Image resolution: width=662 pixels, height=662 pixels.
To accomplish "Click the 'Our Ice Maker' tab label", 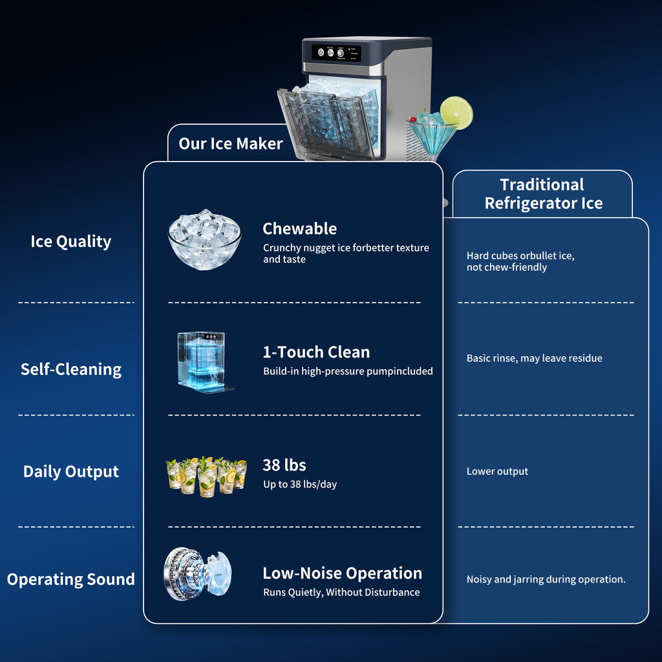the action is point(231,144).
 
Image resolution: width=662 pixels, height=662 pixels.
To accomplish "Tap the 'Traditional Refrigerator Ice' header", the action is point(543,194).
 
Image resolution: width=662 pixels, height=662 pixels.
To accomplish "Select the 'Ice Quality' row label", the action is point(71,242).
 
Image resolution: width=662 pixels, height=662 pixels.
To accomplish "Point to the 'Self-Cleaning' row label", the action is point(71,369).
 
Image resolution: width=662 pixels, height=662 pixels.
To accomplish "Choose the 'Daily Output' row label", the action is point(71,471).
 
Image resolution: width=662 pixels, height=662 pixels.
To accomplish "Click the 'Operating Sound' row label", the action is point(71,579).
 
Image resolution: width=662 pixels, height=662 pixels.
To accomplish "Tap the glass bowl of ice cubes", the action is point(204,239).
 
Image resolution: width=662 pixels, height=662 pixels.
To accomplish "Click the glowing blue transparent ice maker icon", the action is point(205,362).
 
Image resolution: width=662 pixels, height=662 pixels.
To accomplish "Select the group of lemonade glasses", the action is point(206,476).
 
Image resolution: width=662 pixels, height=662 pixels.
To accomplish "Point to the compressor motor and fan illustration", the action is point(197,574).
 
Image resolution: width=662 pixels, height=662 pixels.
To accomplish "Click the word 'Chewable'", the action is point(300,229).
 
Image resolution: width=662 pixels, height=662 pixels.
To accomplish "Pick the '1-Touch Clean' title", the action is point(316,352).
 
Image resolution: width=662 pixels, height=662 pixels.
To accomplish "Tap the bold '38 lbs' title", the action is point(284,465).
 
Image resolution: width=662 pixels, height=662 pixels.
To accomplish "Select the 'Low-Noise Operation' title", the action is point(343,573).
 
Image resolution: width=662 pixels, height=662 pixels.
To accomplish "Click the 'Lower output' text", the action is point(497,471).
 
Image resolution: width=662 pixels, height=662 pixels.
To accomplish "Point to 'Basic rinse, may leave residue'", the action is point(535,358).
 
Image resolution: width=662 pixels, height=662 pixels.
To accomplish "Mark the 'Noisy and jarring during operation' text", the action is point(546,579).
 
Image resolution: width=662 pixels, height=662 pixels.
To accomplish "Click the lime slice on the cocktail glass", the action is point(456,112).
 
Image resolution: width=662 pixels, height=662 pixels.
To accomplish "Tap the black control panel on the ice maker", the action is point(336,53).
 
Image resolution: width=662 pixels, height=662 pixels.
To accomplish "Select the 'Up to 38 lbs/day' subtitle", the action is point(300,484).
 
